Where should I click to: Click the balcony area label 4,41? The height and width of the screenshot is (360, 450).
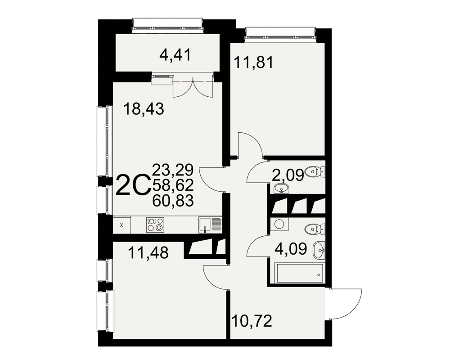pos(175,55)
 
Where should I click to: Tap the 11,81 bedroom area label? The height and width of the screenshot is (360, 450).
pos(254,63)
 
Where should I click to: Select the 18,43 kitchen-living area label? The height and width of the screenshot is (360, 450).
pos(144,109)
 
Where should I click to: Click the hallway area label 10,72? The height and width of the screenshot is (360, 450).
pos(252,321)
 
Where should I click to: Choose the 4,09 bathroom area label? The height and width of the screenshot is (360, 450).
pos(291,249)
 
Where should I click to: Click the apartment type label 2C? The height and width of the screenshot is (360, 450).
pos(133,185)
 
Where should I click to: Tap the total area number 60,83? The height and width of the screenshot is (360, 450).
pos(173,201)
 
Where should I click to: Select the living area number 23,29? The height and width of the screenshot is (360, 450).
pos(173,170)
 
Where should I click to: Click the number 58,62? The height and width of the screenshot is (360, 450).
pos(173,185)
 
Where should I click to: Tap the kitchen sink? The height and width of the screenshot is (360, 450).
pos(210,225)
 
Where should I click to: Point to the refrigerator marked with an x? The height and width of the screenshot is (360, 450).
pos(121,225)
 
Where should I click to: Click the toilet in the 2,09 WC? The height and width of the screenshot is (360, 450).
pos(315,172)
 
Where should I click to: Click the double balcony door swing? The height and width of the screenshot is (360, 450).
pos(193,89)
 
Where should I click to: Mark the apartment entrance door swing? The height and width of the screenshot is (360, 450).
pos(345,304)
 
